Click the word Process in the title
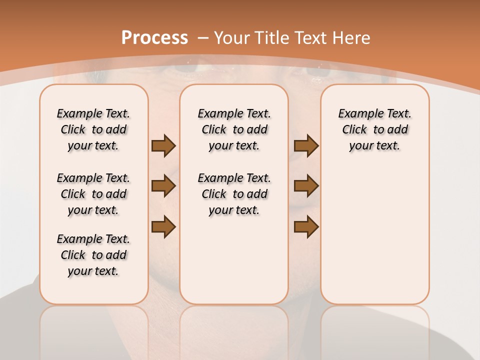(154, 38)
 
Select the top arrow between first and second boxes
(163, 146)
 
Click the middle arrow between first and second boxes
(163, 186)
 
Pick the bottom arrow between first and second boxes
(163, 227)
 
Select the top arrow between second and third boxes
(306, 146)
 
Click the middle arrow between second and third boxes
(306, 186)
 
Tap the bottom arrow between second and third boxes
(306, 227)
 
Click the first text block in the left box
(93, 129)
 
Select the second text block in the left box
(93, 194)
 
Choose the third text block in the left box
(93, 255)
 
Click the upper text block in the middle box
(234, 129)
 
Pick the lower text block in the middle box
(234, 194)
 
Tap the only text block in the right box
(374, 129)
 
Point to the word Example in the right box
(356, 114)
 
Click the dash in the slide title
(203, 38)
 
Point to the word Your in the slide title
(232, 38)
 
